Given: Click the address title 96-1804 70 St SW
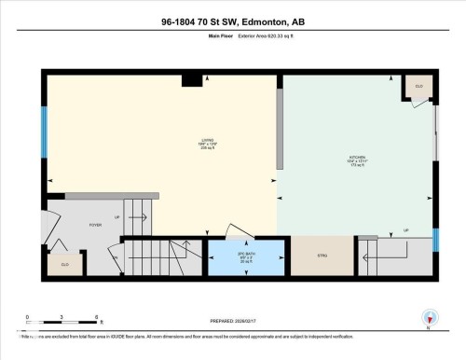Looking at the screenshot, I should pyautogui.click(x=232, y=21).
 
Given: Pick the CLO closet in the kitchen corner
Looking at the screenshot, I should pyautogui.click(x=418, y=87).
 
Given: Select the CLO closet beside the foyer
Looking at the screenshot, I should pyautogui.click(x=64, y=265).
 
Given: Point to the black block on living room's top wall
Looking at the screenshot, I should pyautogui.click(x=189, y=80).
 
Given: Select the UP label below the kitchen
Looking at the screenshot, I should pyautogui.click(x=404, y=230).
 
